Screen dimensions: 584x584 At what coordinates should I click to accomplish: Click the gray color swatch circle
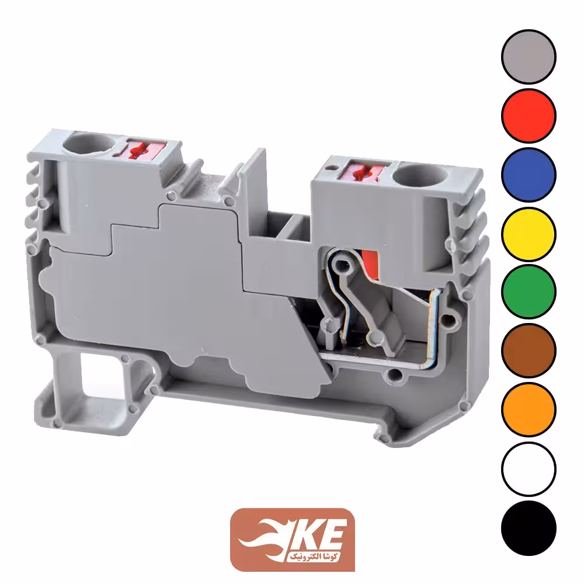click(529, 57)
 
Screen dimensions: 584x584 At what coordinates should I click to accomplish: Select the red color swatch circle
click(529, 116)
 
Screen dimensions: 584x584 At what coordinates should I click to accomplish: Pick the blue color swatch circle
click(529, 175)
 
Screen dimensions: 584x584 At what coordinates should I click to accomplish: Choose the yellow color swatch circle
click(529, 234)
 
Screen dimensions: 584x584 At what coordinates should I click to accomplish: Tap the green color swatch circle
click(529, 291)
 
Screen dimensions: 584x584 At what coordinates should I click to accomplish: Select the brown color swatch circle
click(529, 350)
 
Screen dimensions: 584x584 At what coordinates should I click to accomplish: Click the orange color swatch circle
click(529, 409)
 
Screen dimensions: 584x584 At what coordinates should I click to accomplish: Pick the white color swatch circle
click(529, 468)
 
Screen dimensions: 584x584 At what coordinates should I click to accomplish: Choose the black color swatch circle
click(529, 528)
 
